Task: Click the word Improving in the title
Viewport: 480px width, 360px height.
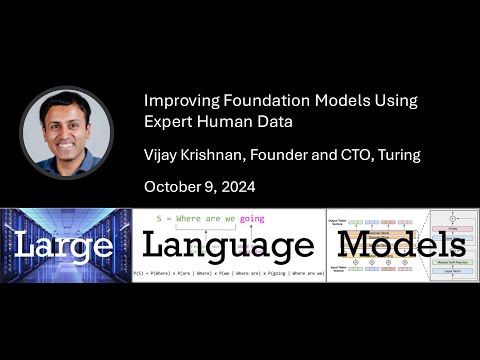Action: [176, 101]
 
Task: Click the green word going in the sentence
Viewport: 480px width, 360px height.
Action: [261, 218]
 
